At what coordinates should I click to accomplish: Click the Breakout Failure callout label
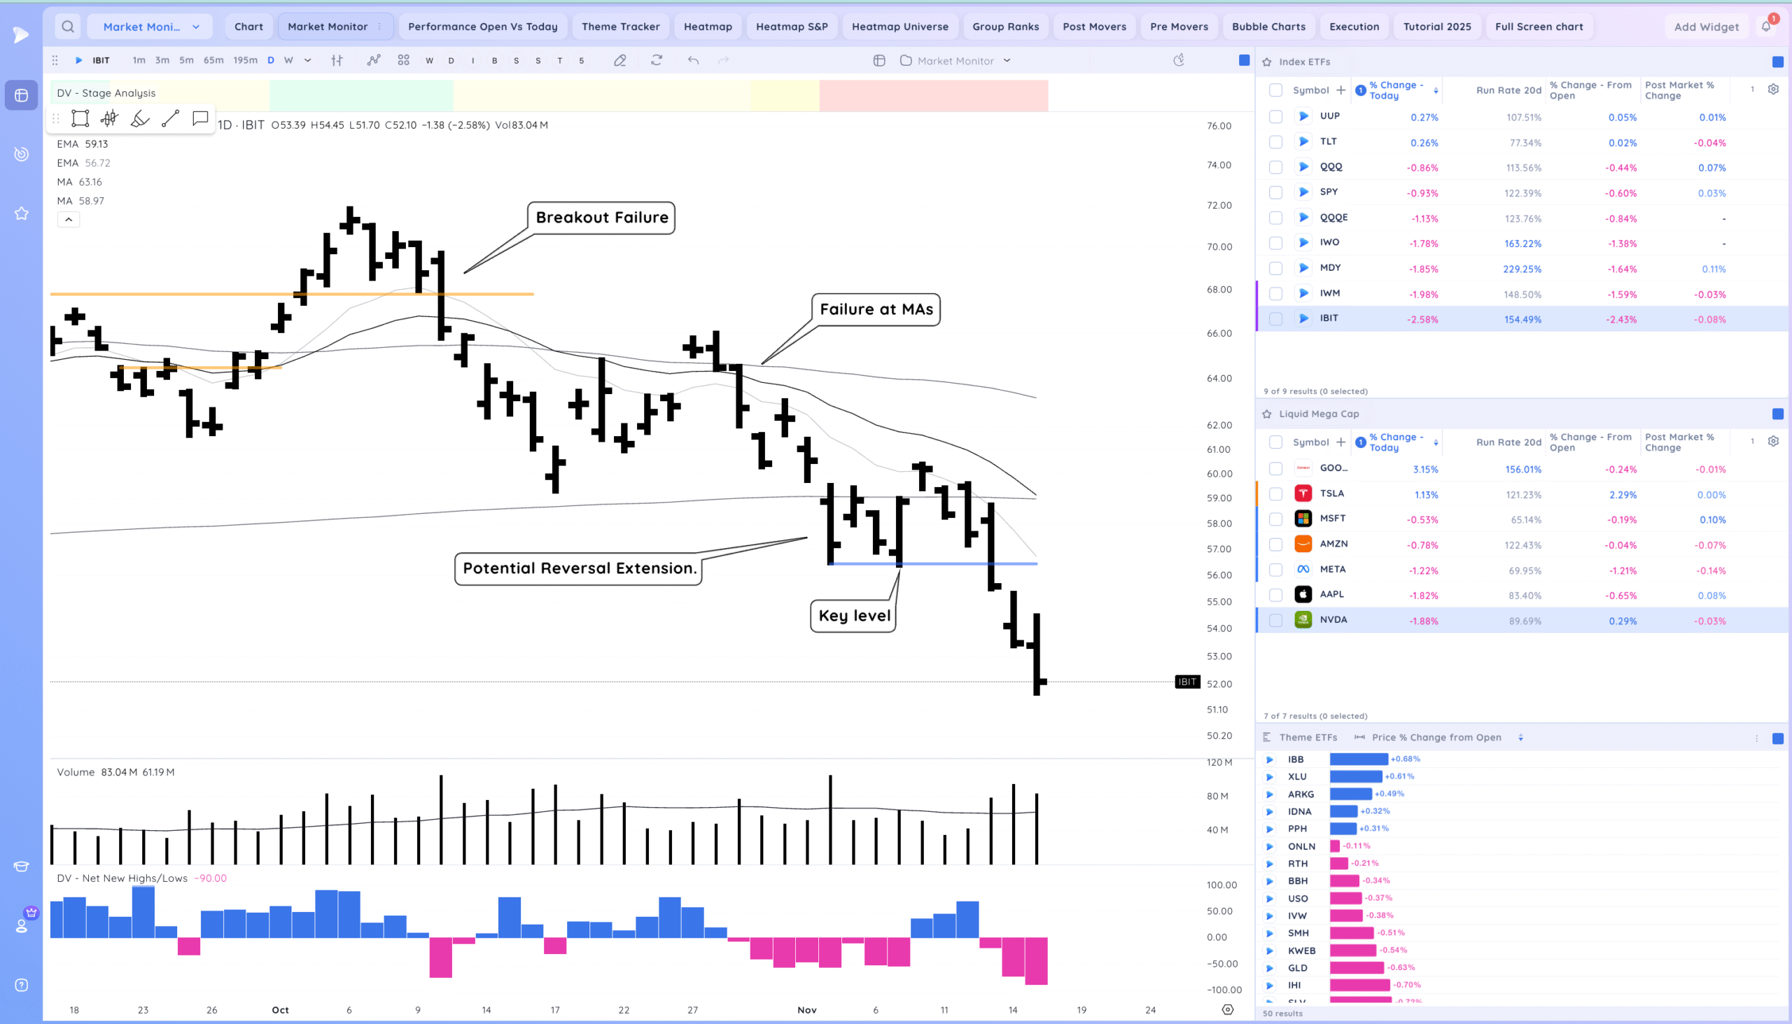point(601,218)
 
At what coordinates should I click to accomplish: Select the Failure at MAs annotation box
point(876,309)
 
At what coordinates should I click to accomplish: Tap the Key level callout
point(854,616)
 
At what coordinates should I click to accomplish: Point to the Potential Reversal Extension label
point(579,568)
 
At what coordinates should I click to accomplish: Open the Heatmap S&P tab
point(791,27)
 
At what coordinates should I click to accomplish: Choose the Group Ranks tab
point(1005,27)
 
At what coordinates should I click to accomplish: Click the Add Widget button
point(1705,27)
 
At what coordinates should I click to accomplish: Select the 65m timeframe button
point(213,60)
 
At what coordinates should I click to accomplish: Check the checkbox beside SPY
point(1275,192)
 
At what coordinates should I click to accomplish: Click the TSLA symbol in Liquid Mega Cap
point(1331,493)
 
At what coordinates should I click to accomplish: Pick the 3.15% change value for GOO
point(1425,469)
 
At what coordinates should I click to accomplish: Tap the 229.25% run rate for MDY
point(1522,269)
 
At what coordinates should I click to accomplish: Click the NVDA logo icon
point(1303,620)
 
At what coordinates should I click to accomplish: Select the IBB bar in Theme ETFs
point(1358,759)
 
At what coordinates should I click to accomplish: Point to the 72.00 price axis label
point(1219,206)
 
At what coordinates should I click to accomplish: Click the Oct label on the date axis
point(280,1010)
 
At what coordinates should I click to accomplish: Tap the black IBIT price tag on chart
point(1187,682)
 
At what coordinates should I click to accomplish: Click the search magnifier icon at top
point(67,27)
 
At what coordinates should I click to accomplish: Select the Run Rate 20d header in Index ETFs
point(1508,90)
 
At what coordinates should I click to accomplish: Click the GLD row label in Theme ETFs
point(1297,968)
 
